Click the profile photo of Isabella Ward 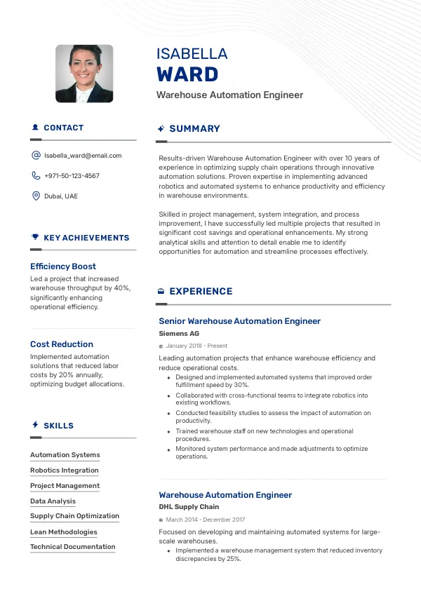(x=84, y=74)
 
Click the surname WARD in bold (x=187, y=74)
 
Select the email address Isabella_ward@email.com (x=83, y=156)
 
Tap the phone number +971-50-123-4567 (x=72, y=176)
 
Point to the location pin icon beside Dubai (x=36, y=196)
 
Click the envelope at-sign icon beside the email (x=36, y=156)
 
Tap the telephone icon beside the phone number (x=36, y=176)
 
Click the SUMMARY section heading (x=194, y=129)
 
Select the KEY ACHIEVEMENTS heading (x=86, y=238)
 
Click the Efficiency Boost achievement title (x=63, y=266)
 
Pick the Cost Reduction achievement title (x=62, y=344)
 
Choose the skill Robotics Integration (x=65, y=470)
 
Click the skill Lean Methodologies (x=64, y=531)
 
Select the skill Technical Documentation (x=73, y=547)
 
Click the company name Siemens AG (x=179, y=334)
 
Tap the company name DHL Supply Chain (x=189, y=507)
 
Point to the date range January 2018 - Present (x=197, y=346)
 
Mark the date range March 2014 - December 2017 (x=206, y=520)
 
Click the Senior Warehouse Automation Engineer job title (x=239, y=321)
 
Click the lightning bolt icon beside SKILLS (x=35, y=425)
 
